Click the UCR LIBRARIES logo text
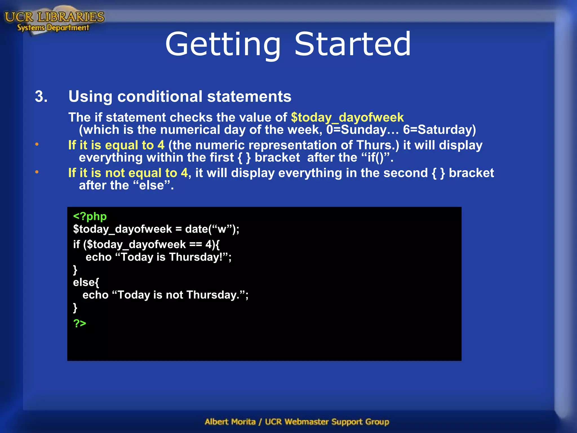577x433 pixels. pos(54,17)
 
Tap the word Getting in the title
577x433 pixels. pos(223,45)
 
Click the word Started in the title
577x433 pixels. pos(352,44)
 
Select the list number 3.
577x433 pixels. pos(41,96)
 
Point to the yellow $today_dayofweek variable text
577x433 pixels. pos(347,117)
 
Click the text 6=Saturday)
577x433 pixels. pos(439,130)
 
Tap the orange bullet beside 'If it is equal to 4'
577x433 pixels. pos(37,145)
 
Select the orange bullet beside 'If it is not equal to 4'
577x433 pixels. pos(37,172)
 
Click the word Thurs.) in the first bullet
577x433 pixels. pos(378,145)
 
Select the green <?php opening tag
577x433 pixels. pos(90,216)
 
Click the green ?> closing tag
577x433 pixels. pos(80,323)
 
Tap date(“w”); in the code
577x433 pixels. pos(212,229)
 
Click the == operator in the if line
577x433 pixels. pos(196,244)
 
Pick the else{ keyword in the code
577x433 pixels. pos(86,282)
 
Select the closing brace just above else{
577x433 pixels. pos(75,270)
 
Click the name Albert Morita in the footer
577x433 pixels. pos(230,422)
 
